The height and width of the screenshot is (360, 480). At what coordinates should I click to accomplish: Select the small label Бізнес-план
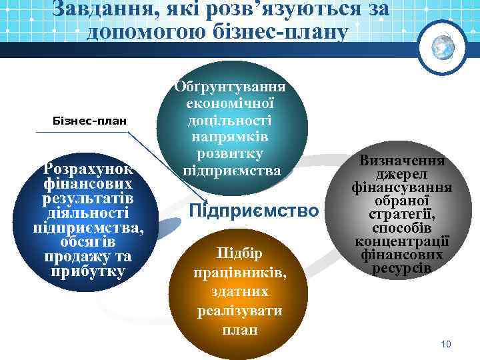tap(89, 121)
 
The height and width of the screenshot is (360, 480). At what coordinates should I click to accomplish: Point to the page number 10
tap(446, 344)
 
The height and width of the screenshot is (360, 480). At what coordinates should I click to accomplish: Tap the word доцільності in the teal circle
tap(230, 120)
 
